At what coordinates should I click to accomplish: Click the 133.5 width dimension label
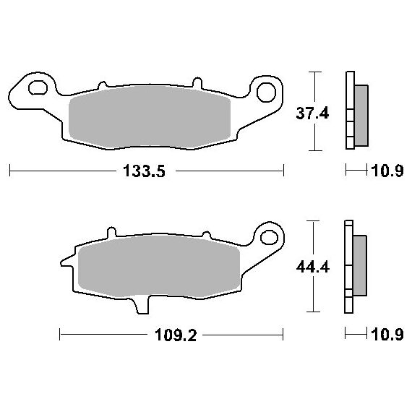[x=144, y=171]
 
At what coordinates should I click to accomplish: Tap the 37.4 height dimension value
[x=312, y=113]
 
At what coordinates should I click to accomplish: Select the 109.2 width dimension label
[x=176, y=335]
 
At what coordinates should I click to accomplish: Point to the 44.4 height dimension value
[x=313, y=267]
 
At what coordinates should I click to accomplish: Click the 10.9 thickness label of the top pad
[x=387, y=171]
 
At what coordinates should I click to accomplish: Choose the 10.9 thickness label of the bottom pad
[x=387, y=335]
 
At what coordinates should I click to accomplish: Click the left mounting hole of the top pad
[x=38, y=87]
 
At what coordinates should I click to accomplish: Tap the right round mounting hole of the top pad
[x=266, y=93]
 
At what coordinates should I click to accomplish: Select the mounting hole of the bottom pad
[x=269, y=237]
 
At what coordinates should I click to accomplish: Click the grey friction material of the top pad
[x=150, y=116]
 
